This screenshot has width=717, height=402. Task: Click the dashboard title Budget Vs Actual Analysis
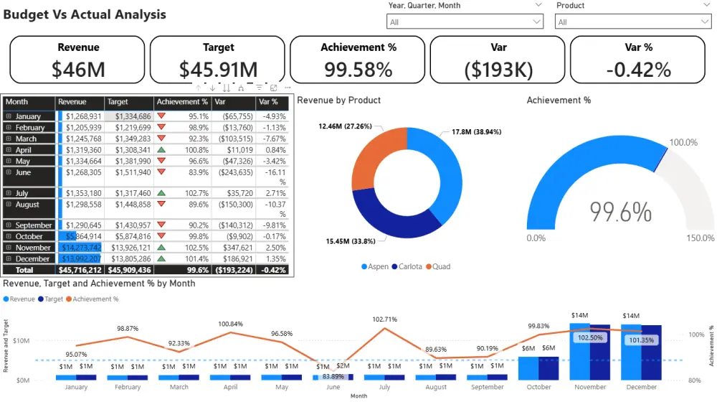pos(85,14)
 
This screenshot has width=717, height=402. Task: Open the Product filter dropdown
pos(705,22)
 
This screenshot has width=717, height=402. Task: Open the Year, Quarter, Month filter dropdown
pos(537,22)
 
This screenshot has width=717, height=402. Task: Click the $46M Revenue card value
pos(78,69)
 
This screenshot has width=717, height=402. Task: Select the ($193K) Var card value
pos(498,69)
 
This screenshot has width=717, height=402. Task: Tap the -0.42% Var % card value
pos(638,69)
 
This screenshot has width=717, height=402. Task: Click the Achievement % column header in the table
pos(181,102)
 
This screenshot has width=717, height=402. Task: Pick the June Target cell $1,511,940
pos(129,172)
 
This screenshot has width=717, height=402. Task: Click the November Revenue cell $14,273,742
pos(80,248)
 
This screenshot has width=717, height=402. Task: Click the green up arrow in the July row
pos(161,193)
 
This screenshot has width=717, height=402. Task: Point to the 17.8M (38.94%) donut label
pos(476,132)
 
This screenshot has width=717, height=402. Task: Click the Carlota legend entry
pos(410,266)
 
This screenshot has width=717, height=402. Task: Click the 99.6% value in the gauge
pos(621,212)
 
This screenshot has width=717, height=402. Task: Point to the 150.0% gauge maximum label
pos(700,238)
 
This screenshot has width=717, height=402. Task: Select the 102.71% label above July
pos(385,319)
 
